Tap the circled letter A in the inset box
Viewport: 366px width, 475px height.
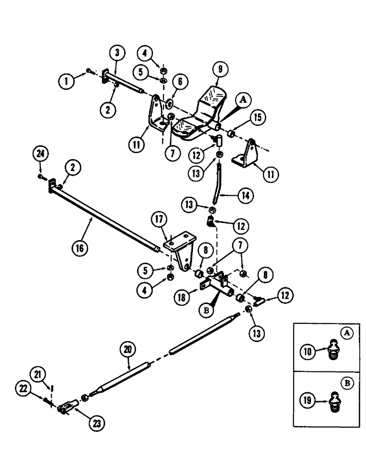point(348,333)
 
